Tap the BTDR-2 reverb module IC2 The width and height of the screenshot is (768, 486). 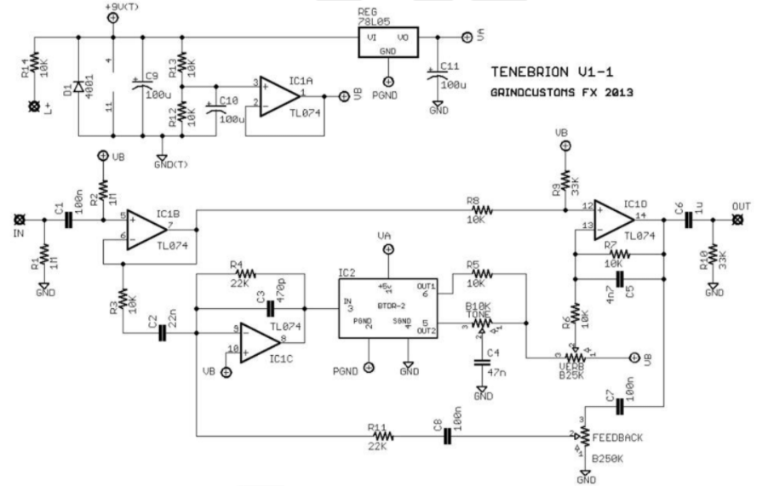[387, 306]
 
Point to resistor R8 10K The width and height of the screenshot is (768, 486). [483, 208]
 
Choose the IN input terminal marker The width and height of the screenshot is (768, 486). [18, 220]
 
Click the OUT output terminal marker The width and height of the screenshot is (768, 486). [737, 220]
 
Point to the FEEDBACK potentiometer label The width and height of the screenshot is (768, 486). [616, 437]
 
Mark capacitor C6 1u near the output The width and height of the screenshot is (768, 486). [688, 220]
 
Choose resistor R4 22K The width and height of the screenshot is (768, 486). [246, 275]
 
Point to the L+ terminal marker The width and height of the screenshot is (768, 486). [35, 106]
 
